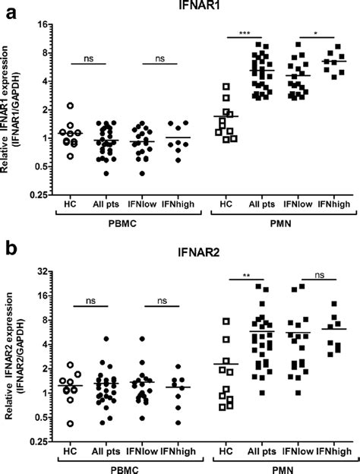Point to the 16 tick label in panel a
click(43, 25)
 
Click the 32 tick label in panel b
click(43, 271)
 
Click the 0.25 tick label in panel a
click(39, 194)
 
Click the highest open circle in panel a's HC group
click(70, 106)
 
